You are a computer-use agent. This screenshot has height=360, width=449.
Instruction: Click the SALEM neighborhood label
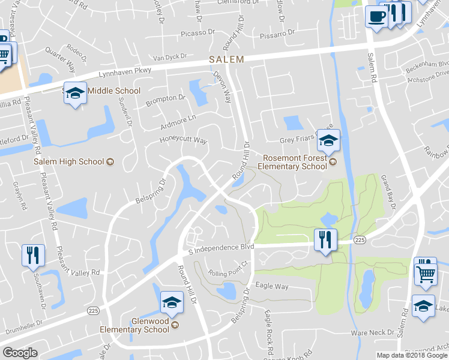(x=227, y=59)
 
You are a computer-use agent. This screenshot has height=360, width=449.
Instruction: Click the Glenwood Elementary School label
(x=134, y=325)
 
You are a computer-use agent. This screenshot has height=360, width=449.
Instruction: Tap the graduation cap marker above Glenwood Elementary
(x=172, y=303)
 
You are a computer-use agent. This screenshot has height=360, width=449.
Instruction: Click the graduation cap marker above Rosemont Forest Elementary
(x=328, y=141)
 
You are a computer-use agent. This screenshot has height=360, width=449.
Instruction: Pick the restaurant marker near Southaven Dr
(x=33, y=255)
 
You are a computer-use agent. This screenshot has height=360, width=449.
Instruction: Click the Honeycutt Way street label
(x=183, y=140)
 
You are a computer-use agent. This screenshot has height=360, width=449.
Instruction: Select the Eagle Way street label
(x=272, y=286)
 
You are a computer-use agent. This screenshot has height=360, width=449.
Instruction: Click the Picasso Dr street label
(x=195, y=31)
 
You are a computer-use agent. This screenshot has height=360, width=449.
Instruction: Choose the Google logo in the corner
(x=20, y=353)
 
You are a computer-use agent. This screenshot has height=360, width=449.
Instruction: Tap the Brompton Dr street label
(x=165, y=98)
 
